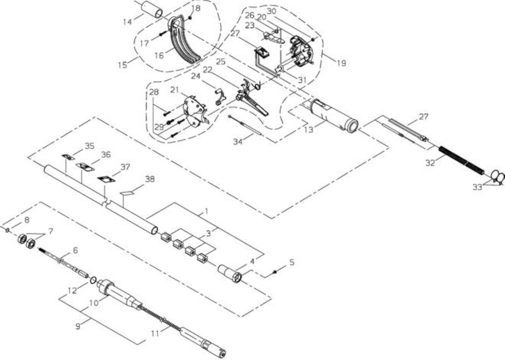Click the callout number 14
(x=127, y=22)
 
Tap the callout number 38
(x=150, y=179)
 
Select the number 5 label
(x=292, y=262)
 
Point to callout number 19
(x=341, y=63)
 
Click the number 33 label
(x=477, y=187)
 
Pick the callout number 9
(x=78, y=326)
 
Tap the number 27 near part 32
(x=424, y=117)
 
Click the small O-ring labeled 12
(x=93, y=280)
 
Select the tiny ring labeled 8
(x=7, y=230)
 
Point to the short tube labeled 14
(x=152, y=9)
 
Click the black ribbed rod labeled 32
(x=461, y=160)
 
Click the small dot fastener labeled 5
(x=275, y=272)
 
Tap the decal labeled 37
(x=107, y=179)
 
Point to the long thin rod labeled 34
(x=245, y=125)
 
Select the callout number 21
(x=174, y=90)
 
